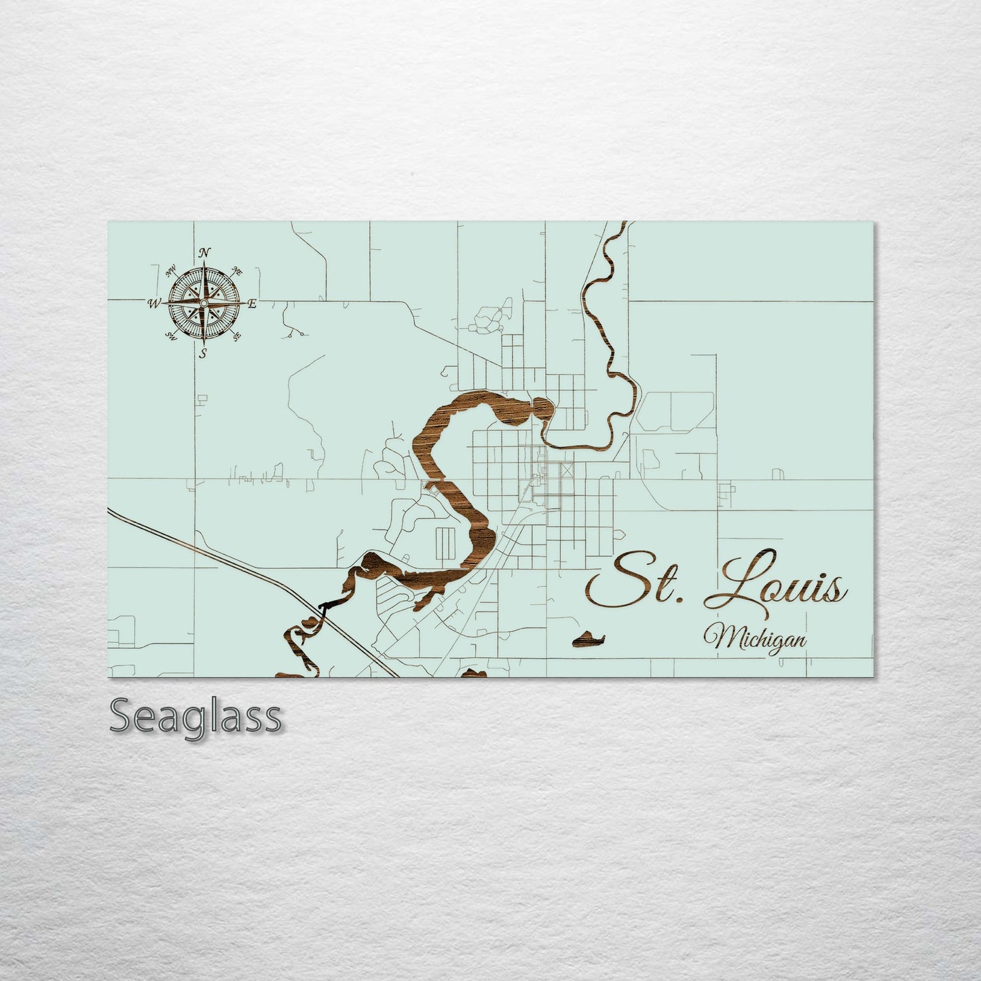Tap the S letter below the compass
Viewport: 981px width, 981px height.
[x=203, y=353]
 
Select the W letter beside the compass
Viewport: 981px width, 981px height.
[x=153, y=303]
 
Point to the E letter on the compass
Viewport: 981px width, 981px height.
[x=252, y=303]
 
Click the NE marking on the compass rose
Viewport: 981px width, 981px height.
[x=237, y=271]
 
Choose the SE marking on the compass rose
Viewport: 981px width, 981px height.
[x=236, y=335]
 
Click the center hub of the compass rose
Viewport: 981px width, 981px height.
[x=203, y=303]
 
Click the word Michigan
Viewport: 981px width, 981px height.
[x=756, y=637]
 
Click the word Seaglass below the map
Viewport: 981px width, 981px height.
[x=196, y=716]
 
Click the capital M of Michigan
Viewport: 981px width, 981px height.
[x=717, y=637]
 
